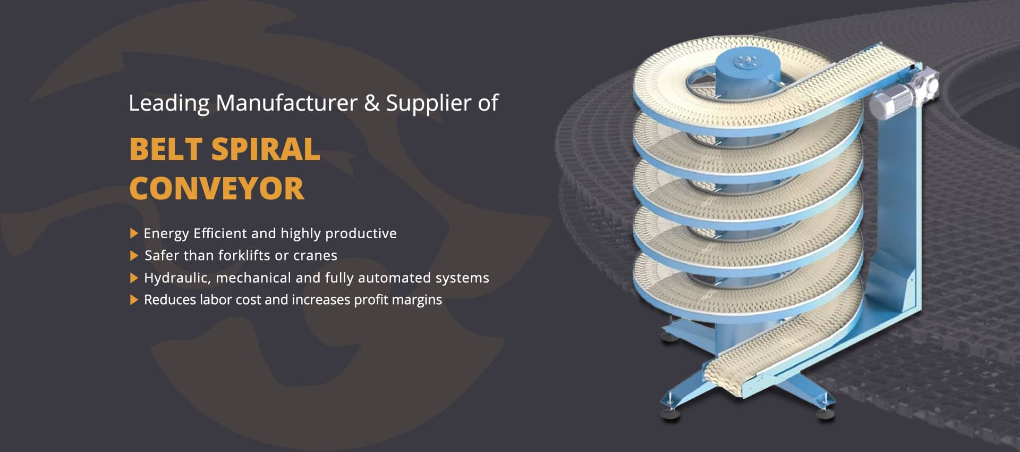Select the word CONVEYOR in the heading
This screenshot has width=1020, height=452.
pos(217,189)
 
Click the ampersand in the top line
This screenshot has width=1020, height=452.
pos(372,103)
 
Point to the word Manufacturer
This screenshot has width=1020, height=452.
pos(286,103)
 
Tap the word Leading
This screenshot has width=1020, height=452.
pos(169,103)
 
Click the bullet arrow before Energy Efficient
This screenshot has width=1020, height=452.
pos(134,233)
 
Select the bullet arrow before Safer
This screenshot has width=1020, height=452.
pos(134,256)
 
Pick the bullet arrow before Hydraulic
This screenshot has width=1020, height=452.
pos(134,278)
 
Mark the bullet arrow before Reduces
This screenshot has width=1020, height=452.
pos(134,300)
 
